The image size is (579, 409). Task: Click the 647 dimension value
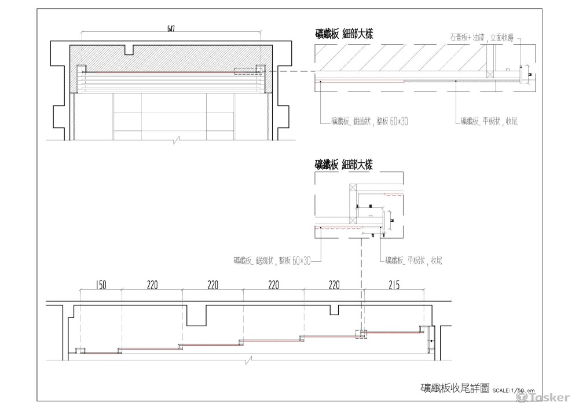coord(171,28)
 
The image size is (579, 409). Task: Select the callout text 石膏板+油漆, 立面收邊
coord(482,36)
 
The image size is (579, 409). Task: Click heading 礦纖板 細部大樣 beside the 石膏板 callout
coord(343,34)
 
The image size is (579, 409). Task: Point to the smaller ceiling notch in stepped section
coord(334,310)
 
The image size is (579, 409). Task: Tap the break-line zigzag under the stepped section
coord(249,361)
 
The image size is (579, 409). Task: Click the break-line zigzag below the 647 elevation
coord(176,140)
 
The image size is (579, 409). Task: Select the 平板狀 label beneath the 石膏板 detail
coord(489,121)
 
